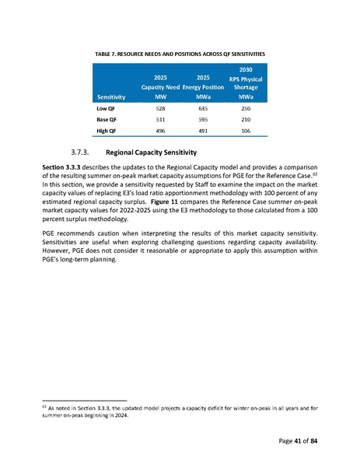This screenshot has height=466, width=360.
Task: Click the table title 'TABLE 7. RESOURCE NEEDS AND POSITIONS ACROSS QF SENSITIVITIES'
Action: point(180,52)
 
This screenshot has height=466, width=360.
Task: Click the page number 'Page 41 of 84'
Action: point(294,442)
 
